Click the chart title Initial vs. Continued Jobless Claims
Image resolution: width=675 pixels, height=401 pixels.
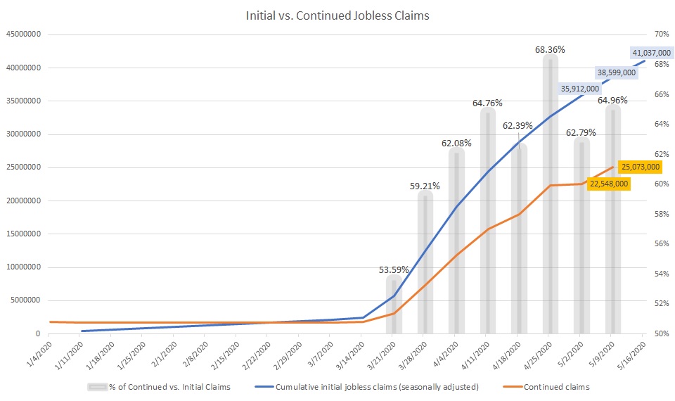pyautogui.click(x=337, y=14)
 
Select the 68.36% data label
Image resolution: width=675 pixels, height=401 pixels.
pyautogui.click(x=550, y=49)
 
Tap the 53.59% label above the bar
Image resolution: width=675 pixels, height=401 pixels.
pyautogui.click(x=394, y=269)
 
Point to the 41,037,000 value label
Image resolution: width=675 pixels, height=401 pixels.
pyautogui.click(x=652, y=53)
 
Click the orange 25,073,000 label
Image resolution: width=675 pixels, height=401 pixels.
pyautogui.click(x=640, y=167)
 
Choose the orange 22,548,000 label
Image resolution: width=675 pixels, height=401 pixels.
pyautogui.click(x=608, y=184)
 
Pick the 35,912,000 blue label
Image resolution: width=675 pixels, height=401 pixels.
pyautogui.click(x=580, y=89)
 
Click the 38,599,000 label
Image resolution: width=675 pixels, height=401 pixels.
pyautogui.click(x=616, y=72)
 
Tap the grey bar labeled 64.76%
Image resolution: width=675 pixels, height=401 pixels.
pyautogui.click(x=488, y=225)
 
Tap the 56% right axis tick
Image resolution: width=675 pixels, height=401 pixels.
pyautogui.click(x=660, y=244)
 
